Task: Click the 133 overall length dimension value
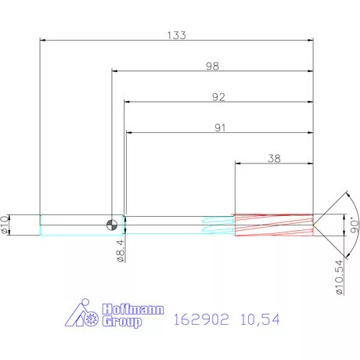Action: point(177,35)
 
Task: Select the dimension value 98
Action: point(212,66)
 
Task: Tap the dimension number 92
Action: point(218,97)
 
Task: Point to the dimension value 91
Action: point(220,128)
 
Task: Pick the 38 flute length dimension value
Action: point(274,158)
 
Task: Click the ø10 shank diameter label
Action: point(5,225)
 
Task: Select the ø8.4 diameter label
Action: point(121,251)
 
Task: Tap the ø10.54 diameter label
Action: point(340,277)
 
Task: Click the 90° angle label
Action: point(355,225)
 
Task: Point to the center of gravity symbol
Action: point(112,225)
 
